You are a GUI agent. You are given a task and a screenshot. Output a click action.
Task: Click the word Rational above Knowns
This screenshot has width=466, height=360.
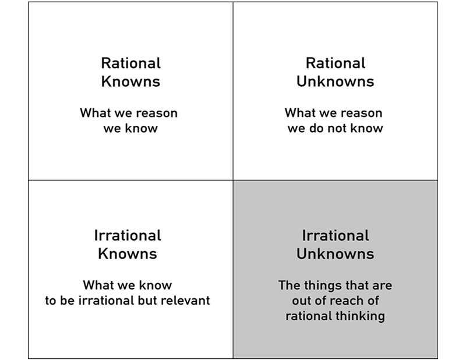tap(130, 63)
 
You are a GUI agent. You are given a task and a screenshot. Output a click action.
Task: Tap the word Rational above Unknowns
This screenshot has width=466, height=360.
tap(336, 63)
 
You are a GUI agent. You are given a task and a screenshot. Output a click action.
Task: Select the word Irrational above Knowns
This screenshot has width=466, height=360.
tap(128, 235)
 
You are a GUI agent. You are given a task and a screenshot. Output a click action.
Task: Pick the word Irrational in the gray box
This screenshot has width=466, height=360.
tap(336, 235)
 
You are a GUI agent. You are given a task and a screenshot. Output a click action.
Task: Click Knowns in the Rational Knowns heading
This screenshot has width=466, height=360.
tap(130, 82)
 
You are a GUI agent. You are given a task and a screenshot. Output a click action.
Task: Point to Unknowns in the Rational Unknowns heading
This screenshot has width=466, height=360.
tap(336, 82)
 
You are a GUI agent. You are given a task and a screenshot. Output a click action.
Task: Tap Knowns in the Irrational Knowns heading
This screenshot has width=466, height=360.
tap(128, 253)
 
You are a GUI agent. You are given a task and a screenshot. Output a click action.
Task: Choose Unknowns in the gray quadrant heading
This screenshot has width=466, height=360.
tap(336, 253)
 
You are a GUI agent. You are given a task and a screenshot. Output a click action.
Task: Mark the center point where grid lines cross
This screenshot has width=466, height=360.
tap(233, 180)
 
